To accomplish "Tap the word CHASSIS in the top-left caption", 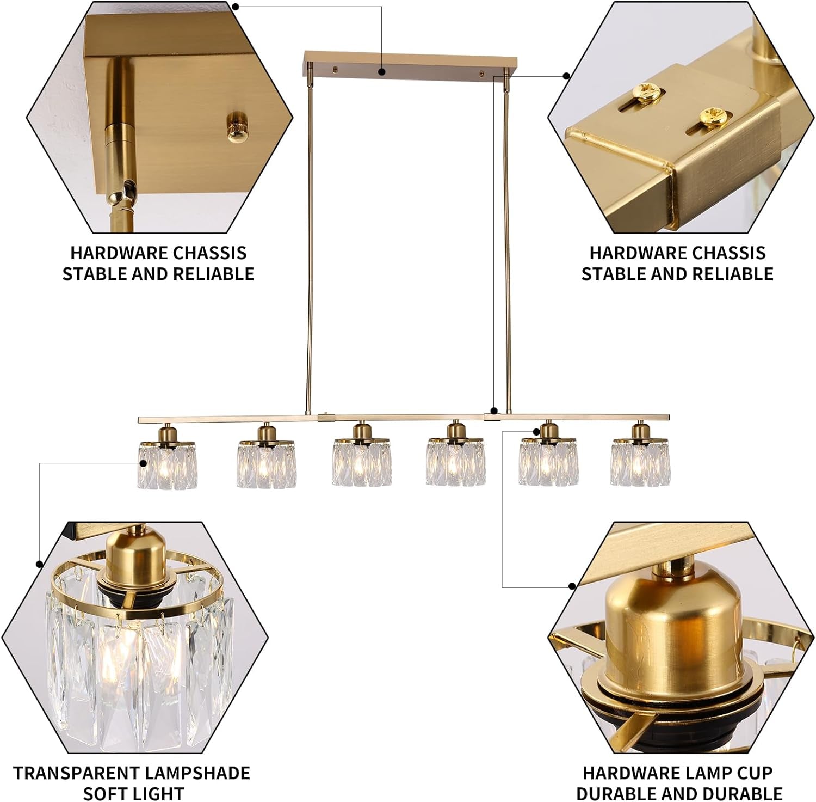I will [209, 253].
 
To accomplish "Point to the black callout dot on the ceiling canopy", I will [382, 71].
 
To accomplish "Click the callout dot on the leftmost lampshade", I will [144, 463].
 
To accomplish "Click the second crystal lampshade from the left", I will [266, 464].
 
